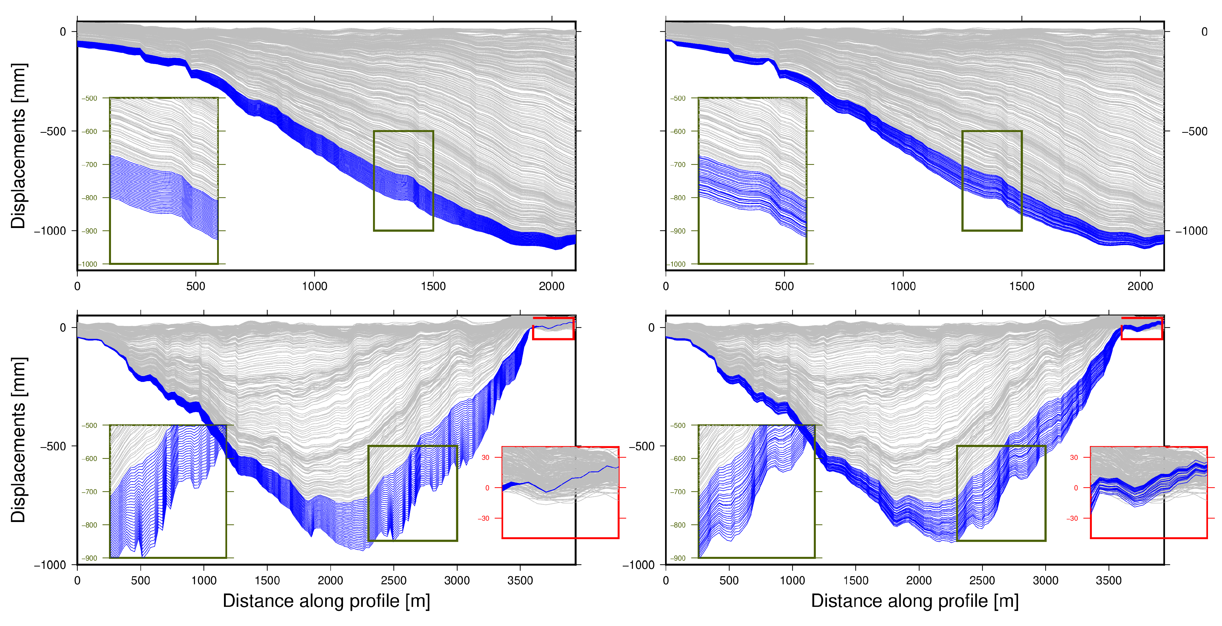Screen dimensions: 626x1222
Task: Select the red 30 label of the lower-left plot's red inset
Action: tap(485, 457)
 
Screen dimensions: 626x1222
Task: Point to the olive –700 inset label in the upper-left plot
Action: tap(89, 165)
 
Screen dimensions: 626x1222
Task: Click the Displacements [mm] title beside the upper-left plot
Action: tap(18, 146)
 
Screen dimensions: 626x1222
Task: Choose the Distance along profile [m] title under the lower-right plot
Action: tap(914, 601)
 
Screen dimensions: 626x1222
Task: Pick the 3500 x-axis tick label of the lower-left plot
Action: tap(520, 581)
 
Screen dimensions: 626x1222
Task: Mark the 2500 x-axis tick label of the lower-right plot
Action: tap(982, 581)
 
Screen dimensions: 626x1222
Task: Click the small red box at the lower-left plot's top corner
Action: tap(553, 328)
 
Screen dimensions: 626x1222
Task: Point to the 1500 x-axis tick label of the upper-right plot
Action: tap(1021, 286)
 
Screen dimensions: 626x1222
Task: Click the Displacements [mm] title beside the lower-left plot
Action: tap(18, 440)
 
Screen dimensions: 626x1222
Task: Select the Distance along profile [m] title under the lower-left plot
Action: tap(326, 601)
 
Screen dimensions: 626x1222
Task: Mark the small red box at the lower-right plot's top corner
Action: tap(1141, 328)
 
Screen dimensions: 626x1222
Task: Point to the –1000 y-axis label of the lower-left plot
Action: tap(50, 565)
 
